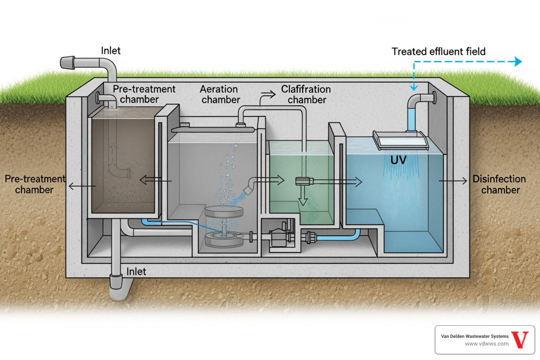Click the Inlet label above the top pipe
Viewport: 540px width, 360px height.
111,51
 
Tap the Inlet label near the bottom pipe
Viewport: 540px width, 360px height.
136,271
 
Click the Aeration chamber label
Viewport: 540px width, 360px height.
220,94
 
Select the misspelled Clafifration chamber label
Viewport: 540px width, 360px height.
306,94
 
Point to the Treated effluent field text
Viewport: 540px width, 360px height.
438,52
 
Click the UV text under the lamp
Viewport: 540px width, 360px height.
398,160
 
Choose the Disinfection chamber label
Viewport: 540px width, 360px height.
500,184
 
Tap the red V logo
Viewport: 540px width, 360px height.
520,340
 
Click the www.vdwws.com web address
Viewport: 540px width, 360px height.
487,344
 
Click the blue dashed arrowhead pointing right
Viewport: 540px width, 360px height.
518,62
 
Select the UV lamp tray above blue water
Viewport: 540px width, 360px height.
401,141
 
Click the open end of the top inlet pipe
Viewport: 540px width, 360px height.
67,63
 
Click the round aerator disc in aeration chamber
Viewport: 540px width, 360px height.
224,211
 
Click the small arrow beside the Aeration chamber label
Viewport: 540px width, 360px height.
268,94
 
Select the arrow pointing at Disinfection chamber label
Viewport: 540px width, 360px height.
454,181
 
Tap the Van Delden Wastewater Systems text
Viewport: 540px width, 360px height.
475,336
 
